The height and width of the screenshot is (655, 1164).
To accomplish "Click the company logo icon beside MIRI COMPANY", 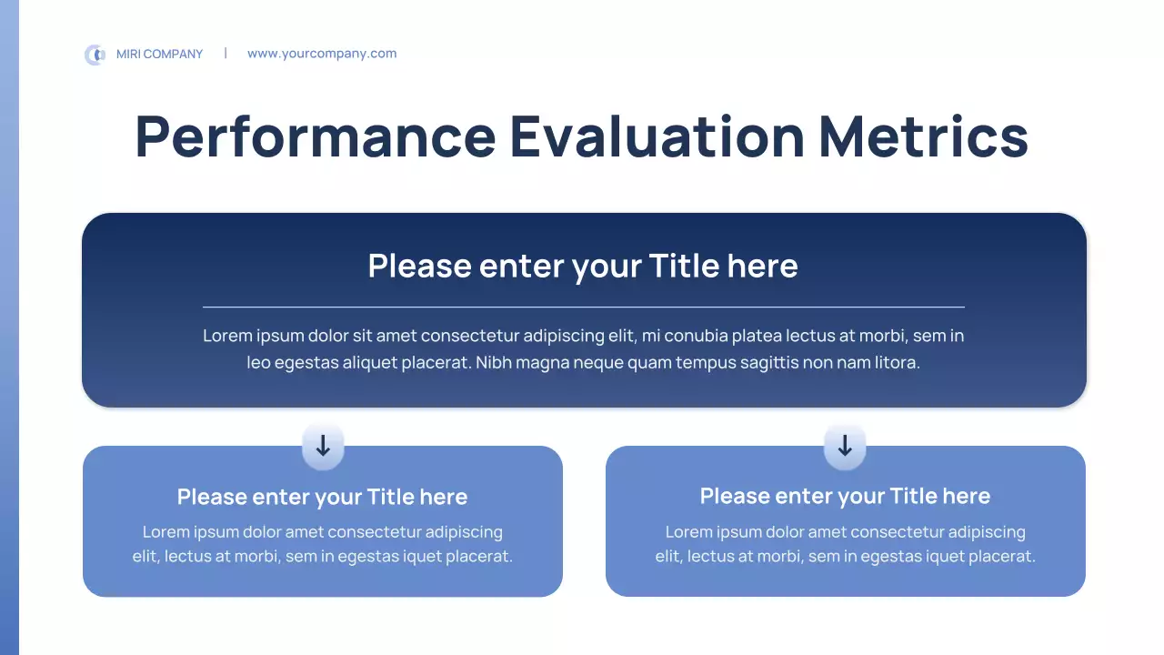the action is (95, 55).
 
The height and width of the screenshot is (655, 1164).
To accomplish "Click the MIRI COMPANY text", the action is (159, 54).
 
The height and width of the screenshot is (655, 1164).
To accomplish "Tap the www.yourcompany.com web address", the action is (322, 54).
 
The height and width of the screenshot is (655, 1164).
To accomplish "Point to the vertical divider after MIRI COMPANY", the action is (226, 53).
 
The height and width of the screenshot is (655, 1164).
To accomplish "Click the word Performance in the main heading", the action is (316, 136).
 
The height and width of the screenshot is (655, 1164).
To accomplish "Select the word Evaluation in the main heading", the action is (657, 136).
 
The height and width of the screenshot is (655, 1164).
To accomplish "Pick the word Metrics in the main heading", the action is (923, 136).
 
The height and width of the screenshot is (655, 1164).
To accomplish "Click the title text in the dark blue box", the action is (583, 267).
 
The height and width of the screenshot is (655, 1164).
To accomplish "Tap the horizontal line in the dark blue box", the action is (584, 307).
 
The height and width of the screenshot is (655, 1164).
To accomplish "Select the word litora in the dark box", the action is (898, 362).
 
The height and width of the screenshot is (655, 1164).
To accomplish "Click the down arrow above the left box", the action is (323, 446).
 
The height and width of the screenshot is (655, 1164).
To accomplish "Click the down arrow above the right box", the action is (845, 446).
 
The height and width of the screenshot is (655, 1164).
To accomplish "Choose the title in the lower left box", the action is (322, 497).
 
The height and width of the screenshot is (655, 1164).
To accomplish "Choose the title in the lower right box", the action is (845, 496).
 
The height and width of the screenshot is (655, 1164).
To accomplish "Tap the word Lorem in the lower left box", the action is (165, 532).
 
